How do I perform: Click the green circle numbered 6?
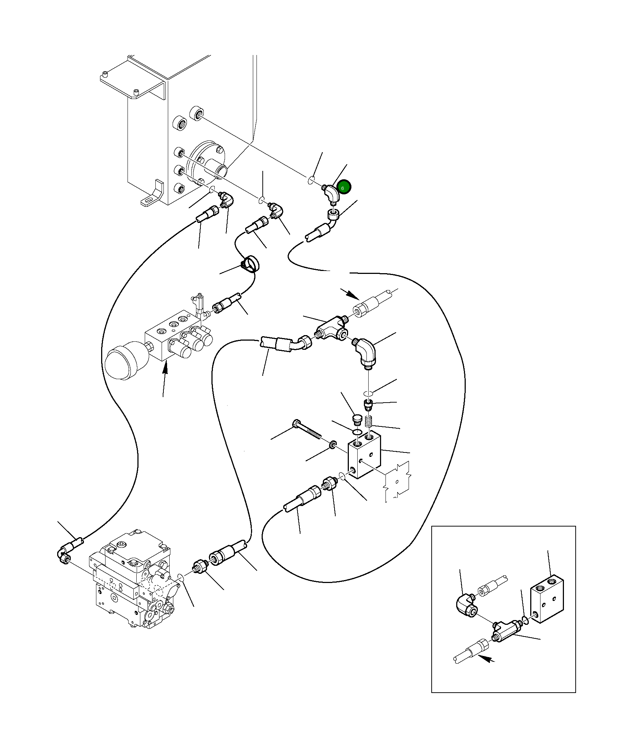tap(344, 187)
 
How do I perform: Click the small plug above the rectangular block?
tap(356, 419)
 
